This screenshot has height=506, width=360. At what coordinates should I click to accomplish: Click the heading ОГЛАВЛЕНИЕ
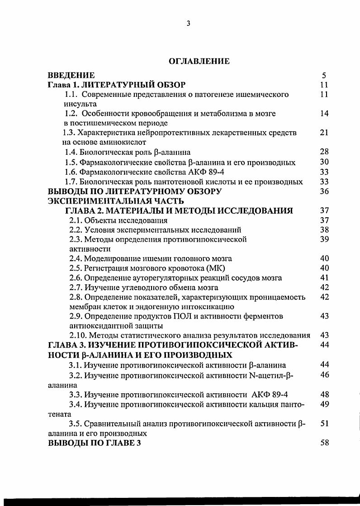click(x=199, y=61)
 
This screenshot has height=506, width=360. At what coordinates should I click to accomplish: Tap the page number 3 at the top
click(x=188, y=24)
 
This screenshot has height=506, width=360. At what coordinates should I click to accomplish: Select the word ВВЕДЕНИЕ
click(x=71, y=75)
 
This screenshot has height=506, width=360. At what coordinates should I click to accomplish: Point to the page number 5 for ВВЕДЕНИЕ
click(x=324, y=76)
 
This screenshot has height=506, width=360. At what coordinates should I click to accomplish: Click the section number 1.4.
click(x=71, y=152)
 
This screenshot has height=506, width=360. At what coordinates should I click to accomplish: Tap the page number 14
click(x=324, y=114)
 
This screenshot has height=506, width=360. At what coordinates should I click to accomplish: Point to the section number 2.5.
click(x=75, y=268)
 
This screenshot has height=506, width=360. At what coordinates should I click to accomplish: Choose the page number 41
click(x=324, y=277)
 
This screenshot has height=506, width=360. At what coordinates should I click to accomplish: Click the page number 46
click(x=324, y=375)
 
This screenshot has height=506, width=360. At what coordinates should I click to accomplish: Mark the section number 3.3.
click(x=75, y=394)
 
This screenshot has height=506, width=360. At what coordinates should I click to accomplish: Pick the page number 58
click(x=324, y=443)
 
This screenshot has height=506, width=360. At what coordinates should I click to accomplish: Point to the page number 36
click(x=324, y=191)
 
